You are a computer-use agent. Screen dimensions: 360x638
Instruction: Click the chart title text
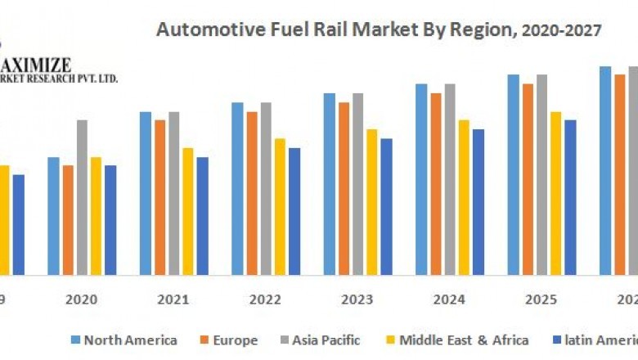coord(379,31)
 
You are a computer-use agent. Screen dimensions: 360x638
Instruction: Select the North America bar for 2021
coord(146,193)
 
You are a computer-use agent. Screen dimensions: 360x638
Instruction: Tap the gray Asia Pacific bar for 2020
coord(83,197)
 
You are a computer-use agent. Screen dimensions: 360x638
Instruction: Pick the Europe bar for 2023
coord(344,188)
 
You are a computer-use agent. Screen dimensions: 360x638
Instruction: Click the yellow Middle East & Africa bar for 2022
coord(280,206)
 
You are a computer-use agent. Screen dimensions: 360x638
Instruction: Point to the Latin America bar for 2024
coord(478,201)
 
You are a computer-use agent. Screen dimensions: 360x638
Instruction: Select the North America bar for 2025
coord(513,174)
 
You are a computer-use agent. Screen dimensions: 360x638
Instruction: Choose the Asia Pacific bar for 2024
coord(450,179)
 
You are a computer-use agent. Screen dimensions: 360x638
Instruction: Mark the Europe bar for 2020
coord(68,219)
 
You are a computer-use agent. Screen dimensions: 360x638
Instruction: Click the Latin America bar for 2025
coord(570,197)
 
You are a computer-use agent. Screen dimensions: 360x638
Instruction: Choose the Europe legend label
coord(234,340)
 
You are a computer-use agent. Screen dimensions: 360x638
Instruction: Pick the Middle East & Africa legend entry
coord(464,340)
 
